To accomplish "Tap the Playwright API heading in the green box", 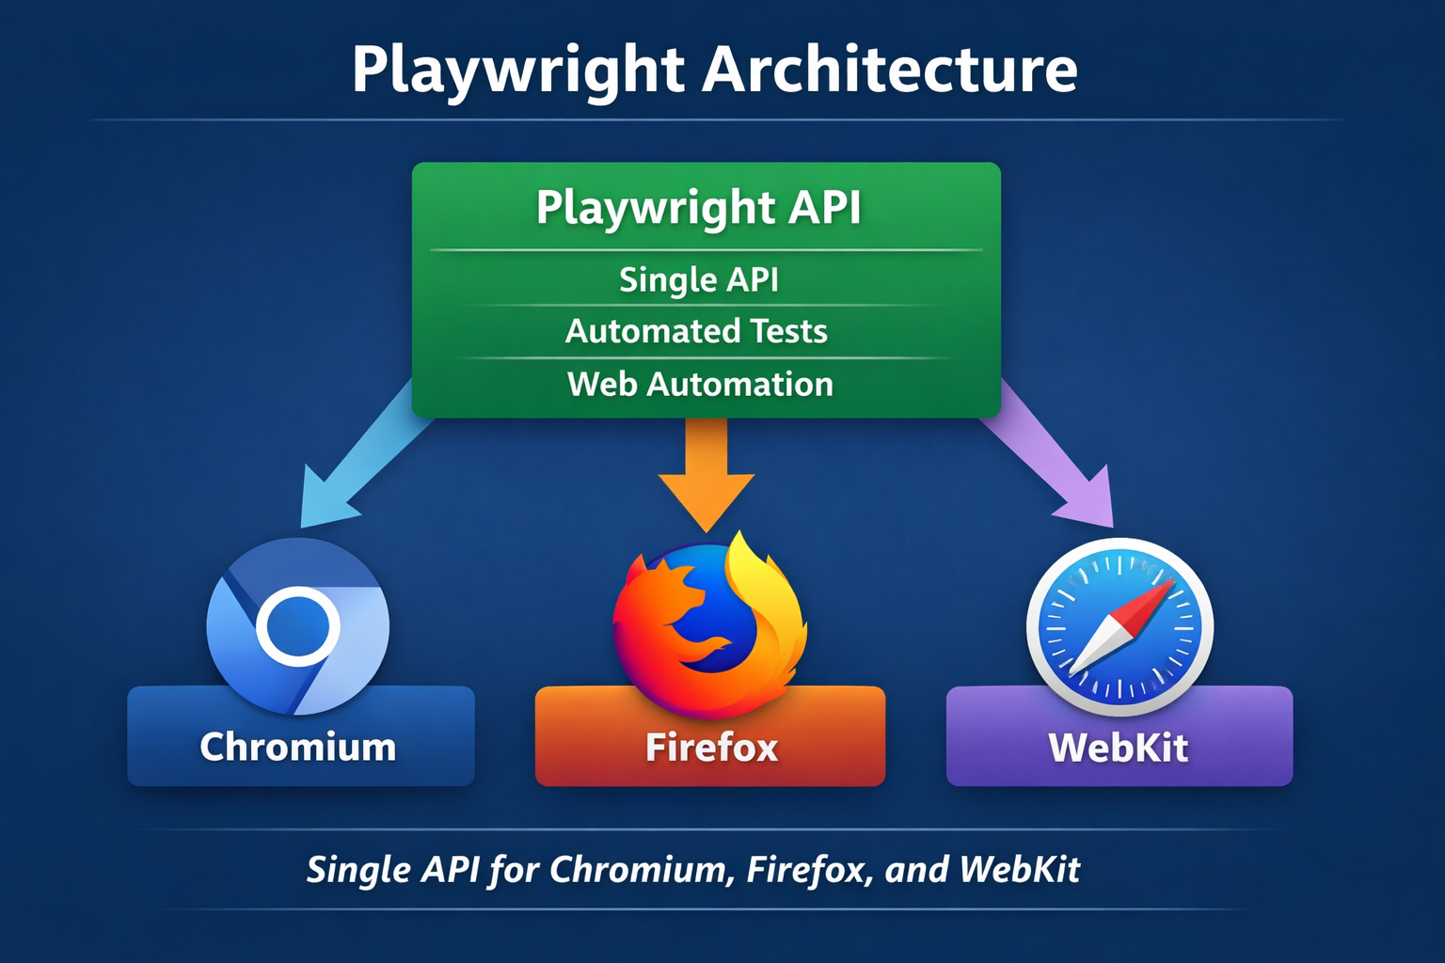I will pyautogui.click(x=698, y=207).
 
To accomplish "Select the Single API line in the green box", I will pyautogui.click(x=698, y=279).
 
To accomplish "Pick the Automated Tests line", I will pyautogui.click(x=696, y=331).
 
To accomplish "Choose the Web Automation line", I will pyautogui.click(x=700, y=384).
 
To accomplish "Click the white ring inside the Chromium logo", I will pyautogui.click(x=297, y=624).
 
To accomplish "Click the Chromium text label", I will pyautogui.click(x=297, y=747).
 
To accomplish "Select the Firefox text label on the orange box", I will pyautogui.click(x=711, y=748).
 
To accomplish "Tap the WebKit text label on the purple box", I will pyautogui.click(x=1119, y=748).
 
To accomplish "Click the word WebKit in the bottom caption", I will pyautogui.click(x=1020, y=869).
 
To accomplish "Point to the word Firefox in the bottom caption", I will pyautogui.click(x=805, y=869).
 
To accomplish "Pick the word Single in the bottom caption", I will pyautogui.click(x=358, y=869).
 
